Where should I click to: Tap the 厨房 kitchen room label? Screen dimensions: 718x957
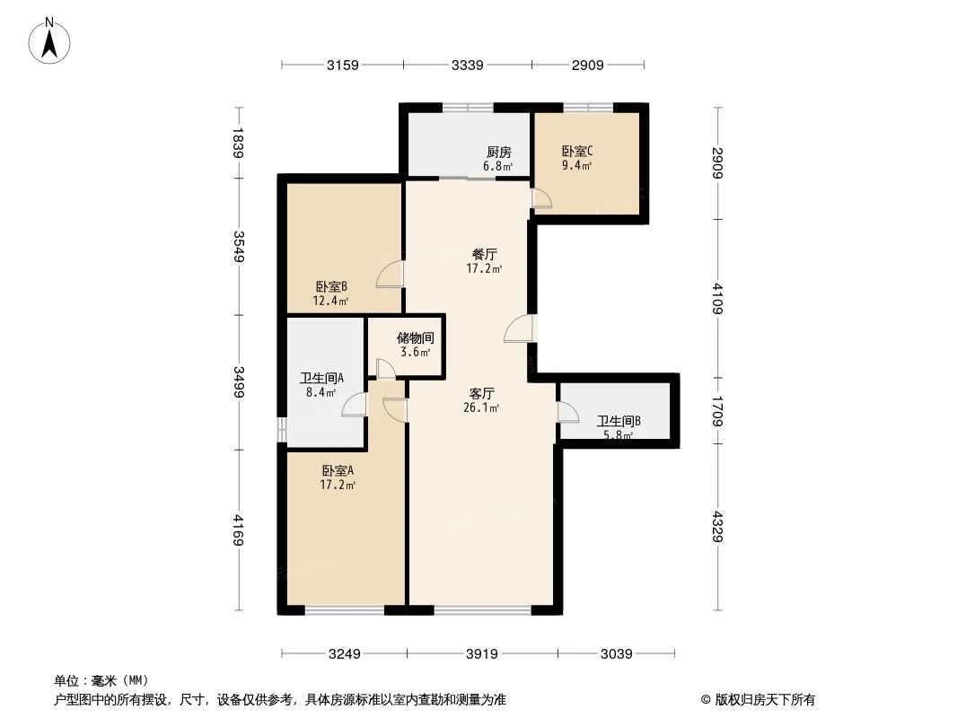[498, 153]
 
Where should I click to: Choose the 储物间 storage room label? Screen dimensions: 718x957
[415, 338]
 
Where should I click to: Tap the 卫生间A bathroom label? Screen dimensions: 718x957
[319, 378]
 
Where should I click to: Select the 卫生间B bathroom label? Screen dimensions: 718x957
[619, 420]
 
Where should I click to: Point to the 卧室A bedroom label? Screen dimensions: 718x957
[338, 470]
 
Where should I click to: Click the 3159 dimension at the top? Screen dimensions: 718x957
[342, 65]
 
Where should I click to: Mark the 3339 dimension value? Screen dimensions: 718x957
[468, 65]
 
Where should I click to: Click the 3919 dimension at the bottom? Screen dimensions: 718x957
[481, 654]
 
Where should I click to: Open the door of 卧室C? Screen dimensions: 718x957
[541, 198]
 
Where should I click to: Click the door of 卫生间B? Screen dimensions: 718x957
[567, 412]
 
